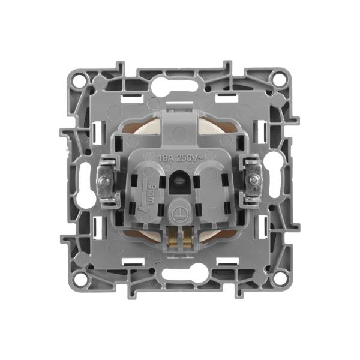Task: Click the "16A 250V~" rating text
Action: click(180, 158)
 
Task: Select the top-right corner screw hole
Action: click(279, 78)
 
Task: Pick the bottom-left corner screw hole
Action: click(80, 278)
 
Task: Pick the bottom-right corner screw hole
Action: click(279, 278)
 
